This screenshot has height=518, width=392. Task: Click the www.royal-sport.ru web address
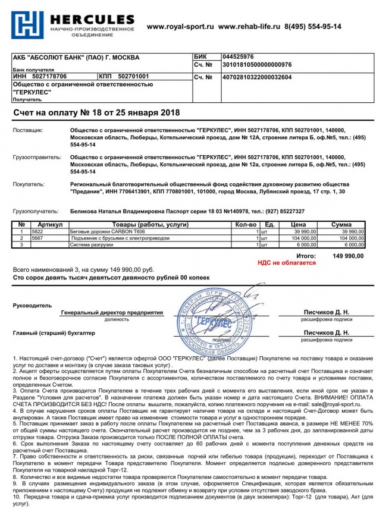tap(180, 27)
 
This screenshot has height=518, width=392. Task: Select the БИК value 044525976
tap(238, 56)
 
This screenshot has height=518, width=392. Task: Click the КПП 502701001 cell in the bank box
tap(125, 77)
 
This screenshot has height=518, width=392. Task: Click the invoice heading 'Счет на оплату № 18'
tap(96, 112)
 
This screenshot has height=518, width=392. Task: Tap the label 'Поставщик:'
tap(28, 129)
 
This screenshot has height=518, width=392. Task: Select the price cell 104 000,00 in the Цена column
tap(304, 238)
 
